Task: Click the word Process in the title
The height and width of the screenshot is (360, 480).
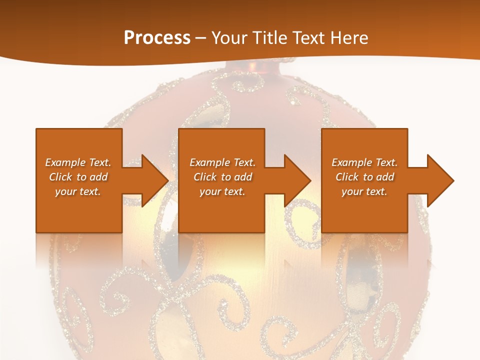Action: [157, 37]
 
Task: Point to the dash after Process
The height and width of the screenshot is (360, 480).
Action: [201, 38]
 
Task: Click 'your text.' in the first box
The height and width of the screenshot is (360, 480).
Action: [78, 191]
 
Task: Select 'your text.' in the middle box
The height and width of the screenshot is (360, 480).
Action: [222, 191]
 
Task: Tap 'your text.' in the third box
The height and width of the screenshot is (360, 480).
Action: [364, 191]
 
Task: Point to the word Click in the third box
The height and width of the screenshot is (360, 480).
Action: [347, 177]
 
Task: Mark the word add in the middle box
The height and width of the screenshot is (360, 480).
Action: [243, 177]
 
